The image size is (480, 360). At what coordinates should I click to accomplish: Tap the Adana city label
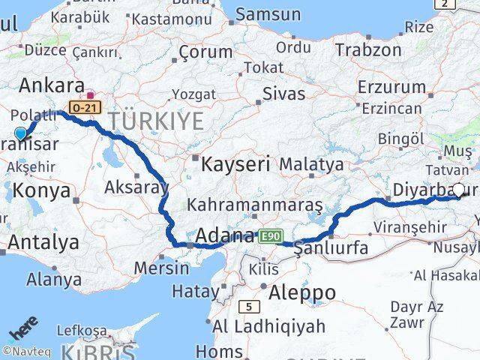224,236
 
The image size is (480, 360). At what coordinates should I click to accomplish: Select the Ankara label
52,83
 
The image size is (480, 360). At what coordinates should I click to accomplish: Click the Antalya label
43,242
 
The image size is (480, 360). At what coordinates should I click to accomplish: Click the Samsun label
268,14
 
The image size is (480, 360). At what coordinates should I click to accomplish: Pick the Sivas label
284,94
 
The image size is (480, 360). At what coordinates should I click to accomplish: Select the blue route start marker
20,133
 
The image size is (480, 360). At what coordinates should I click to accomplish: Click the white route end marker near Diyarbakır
458,190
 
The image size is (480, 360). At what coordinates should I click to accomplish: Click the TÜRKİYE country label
156,120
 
